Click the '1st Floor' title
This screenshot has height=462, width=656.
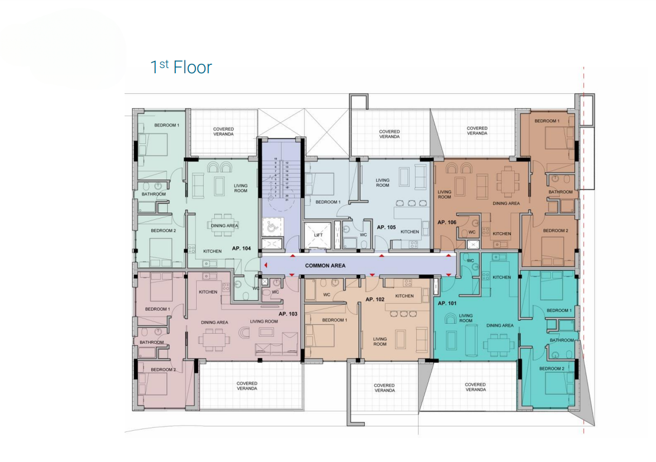pyautogui.click(x=181, y=67)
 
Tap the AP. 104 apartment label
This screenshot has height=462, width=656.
pyautogui.click(x=242, y=249)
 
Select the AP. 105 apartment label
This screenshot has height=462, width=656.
pyautogui.click(x=386, y=226)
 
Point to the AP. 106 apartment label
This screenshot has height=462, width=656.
pyautogui.click(x=447, y=222)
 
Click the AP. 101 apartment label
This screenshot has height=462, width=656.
pyautogui.click(x=447, y=303)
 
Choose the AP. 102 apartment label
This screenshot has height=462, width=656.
pyautogui.click(x=375, y=299)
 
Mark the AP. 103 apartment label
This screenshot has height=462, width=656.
pyautogui.click(x=288, y=313)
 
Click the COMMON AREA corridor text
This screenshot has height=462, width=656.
pyautogui.click(x=325, y=266)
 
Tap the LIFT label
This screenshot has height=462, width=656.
pyautogui.click(x=318, y=235)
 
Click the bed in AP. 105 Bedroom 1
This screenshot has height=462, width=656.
pyautogui.click(x=319, y=186)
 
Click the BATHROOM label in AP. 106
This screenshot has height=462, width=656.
pyautogui.click(x=560, y=192)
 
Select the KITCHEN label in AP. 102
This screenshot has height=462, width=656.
pyautogui.click(x=404, y=296)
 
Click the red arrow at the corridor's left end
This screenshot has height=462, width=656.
pyautogui.click(x=266, y=266)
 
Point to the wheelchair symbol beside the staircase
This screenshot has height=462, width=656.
pyautogui.click(x=272, y=226)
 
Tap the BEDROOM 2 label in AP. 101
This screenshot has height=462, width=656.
pyautogui.click(x=551, y=368)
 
